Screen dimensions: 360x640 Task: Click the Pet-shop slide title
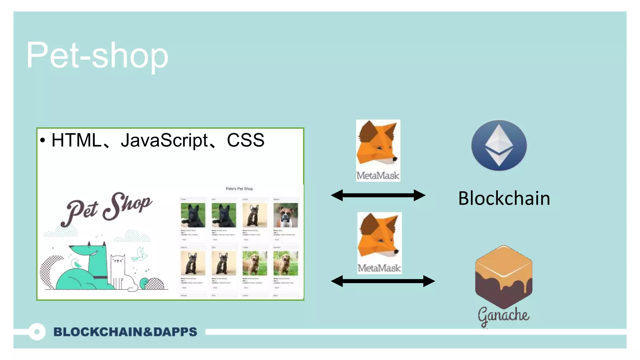pyautogui.click(x=97, y=56)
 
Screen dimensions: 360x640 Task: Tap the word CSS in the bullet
pyautogui.click(x=246, y=140)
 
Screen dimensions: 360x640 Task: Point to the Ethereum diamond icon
pyautogui.click(x=499, y=145)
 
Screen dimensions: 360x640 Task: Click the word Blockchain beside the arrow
pyautogui.click(x=504, y=198)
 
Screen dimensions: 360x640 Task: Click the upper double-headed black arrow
pyautogui.click(x=378, y=195)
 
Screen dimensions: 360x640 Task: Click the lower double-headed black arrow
pyautogui.click(x=383, y=281)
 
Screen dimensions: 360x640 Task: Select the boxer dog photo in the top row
pyautogui.click(x=285, y=215)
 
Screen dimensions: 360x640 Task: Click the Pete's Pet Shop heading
pyautogui.click(x=239, y=189)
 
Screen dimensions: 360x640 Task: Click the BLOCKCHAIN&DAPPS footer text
pyautogui.click(x=125, y=332)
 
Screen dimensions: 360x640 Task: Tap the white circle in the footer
pyautogui.click(x=37, y=332)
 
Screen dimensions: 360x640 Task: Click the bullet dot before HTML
pyautogui.click(x=43, y=141)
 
